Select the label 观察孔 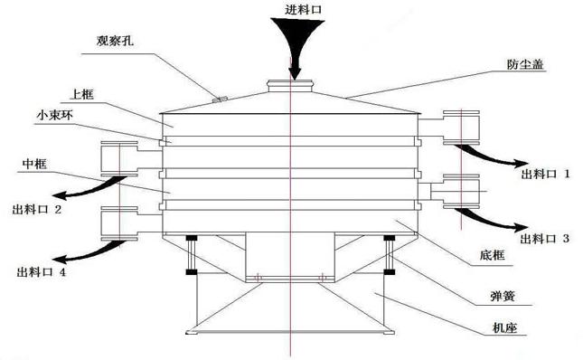[x=115, y=41]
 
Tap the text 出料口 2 [x=37, y=210]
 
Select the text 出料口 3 [x=541, y=239]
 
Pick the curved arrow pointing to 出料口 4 [x=86, y=249]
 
